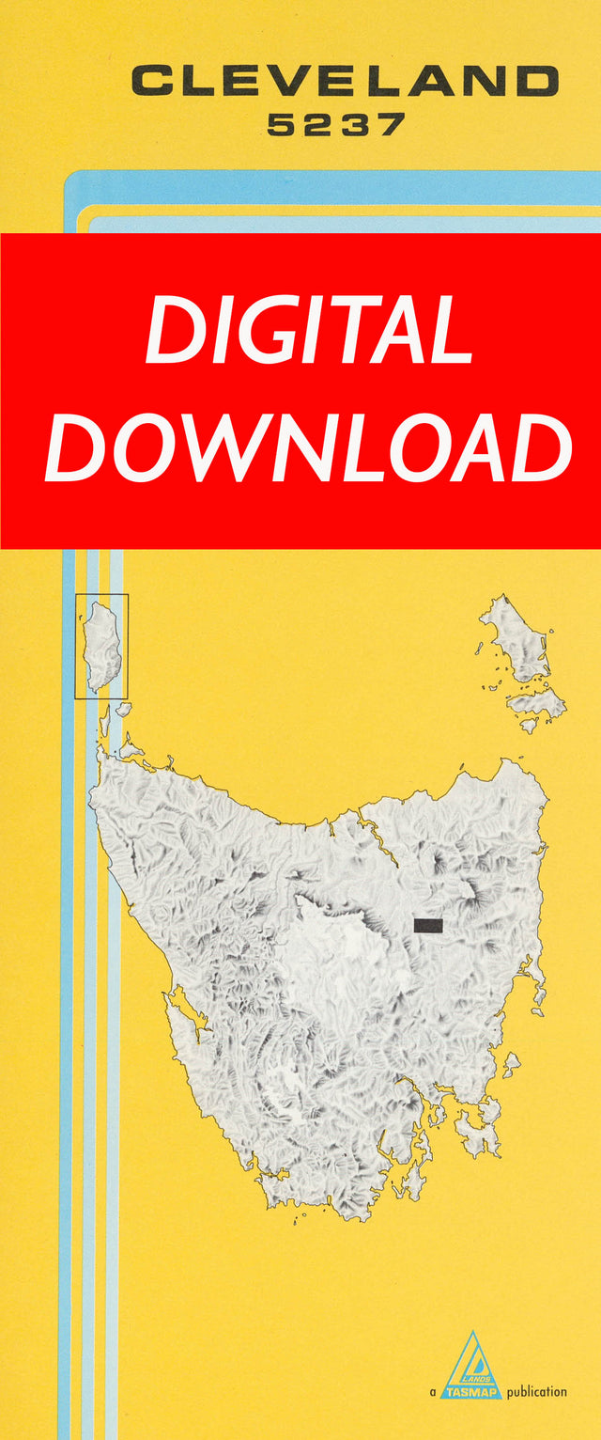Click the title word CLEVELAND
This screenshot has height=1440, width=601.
tap(345, 81)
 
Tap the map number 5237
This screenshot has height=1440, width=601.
tap(336, 125)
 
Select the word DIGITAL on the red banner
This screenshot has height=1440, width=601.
tap(308, 331)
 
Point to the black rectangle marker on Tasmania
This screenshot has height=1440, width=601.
tap(428, 926)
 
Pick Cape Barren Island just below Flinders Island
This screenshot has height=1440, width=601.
tap(538, 703)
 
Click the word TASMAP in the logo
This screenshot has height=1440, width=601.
tap(472, 1391)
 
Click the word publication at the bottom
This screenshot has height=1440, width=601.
tap(537, 1392)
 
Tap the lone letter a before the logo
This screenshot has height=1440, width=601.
tap(433, 1393)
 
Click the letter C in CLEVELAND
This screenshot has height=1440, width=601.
tap(152, 81)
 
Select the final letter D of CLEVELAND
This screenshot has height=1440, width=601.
tap(537, 81)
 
